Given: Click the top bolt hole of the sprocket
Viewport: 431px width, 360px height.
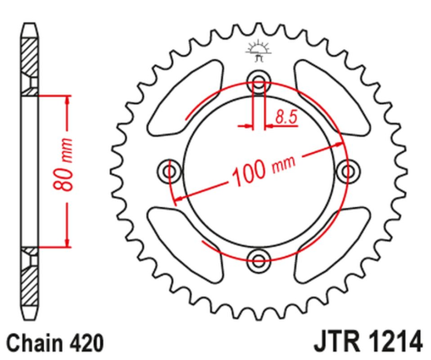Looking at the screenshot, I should pos(258,82).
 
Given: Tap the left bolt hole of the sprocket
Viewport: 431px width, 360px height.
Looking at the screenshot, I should pos(172,170).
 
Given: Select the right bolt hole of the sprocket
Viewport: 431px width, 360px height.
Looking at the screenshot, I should pos(345,170).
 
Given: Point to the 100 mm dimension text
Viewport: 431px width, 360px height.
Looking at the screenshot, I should pos(264,170).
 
